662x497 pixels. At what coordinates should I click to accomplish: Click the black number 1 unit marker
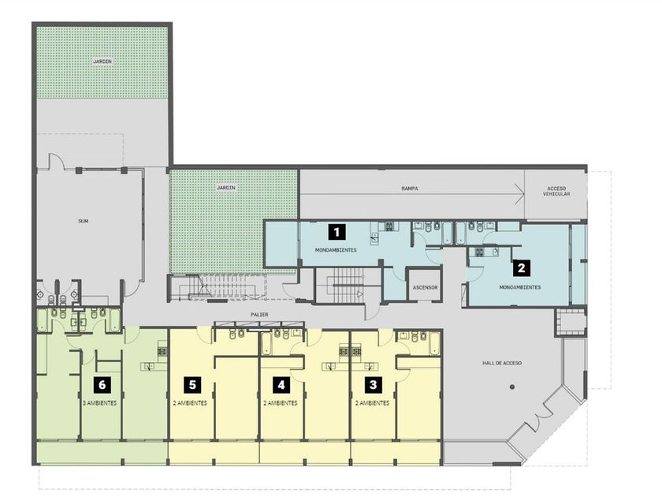coord(337,232)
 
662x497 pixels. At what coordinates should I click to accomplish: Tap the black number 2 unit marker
coord(522,268)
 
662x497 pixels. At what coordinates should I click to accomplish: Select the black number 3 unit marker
coord(374,385)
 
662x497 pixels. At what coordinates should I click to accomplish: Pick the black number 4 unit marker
coord(281,385)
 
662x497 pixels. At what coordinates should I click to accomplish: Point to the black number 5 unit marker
coord(192,385)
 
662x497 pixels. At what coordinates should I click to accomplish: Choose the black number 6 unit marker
coord(102,385)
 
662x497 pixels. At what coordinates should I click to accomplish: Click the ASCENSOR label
coord(425,287)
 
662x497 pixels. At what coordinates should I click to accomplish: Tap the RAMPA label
coord(410,189)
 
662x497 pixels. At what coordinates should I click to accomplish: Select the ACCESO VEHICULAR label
coord(556,191)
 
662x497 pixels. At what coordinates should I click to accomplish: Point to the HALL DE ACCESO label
coord(502,363)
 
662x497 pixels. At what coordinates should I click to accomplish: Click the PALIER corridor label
coord(259,315)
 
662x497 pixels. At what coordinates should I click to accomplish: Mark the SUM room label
coord(84,221)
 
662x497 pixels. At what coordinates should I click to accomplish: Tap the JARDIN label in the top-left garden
coord(102,62)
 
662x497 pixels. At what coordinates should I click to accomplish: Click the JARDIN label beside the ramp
coord(226,188)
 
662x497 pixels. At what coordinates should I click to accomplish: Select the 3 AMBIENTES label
coord(100,403)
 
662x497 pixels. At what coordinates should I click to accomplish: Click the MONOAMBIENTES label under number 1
coord(336,250)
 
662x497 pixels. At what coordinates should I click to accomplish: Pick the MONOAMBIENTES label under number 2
coord(520,287)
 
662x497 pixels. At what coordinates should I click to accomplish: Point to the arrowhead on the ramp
coord(521,194)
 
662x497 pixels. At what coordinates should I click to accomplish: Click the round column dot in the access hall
coord(512,387)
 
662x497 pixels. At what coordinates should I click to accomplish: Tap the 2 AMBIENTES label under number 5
coord(190,403)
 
